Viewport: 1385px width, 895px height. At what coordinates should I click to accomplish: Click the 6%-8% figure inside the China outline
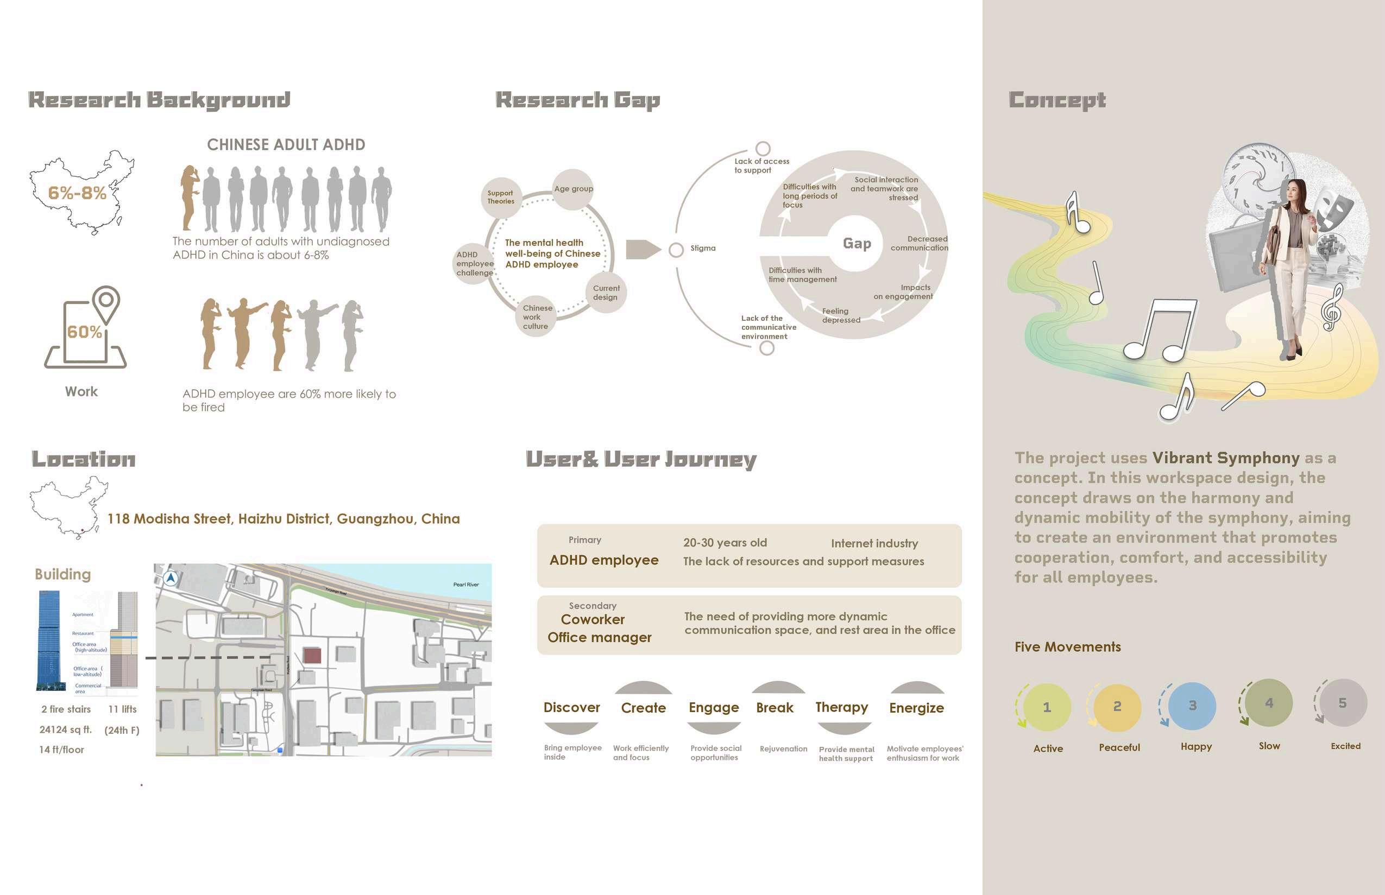(x=77, y=193)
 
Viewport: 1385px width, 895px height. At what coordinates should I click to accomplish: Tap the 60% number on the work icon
(x=84, y=332)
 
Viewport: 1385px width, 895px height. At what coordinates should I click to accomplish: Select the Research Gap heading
(x=577, y=100)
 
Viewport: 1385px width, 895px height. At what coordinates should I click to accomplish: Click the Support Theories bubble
(x=501, y=198)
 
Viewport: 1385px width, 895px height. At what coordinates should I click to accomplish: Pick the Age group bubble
(x=574, y=189)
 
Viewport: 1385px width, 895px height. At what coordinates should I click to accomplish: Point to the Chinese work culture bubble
(x=536, y=318)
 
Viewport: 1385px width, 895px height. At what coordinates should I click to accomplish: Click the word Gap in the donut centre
(x=857, y=244)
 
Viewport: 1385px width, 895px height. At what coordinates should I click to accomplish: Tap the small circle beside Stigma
(x=676, y=250)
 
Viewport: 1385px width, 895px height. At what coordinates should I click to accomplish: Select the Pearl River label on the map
(x=465, y=585)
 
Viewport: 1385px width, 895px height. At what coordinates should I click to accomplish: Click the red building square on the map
(x=312, y=656)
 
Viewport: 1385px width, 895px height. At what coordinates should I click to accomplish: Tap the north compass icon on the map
(x=171, y=578)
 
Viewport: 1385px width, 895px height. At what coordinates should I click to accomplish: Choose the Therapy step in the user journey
(x=841, y=707)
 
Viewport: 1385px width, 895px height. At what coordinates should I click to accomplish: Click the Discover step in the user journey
(x=571, y=708)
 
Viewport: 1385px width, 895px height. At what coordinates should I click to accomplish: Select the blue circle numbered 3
(x=1192, y=706)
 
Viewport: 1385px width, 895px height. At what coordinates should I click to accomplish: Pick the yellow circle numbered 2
(x=1117, y=707)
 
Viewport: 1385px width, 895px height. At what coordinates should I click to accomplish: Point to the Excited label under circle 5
(x=1345, y=746)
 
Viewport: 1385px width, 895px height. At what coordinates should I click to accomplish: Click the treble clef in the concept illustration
(x=1332, y=308)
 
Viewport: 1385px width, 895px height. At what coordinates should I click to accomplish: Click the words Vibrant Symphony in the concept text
(x=1226, y=458)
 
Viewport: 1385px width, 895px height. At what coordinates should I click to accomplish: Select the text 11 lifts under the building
(x=122, y=709)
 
